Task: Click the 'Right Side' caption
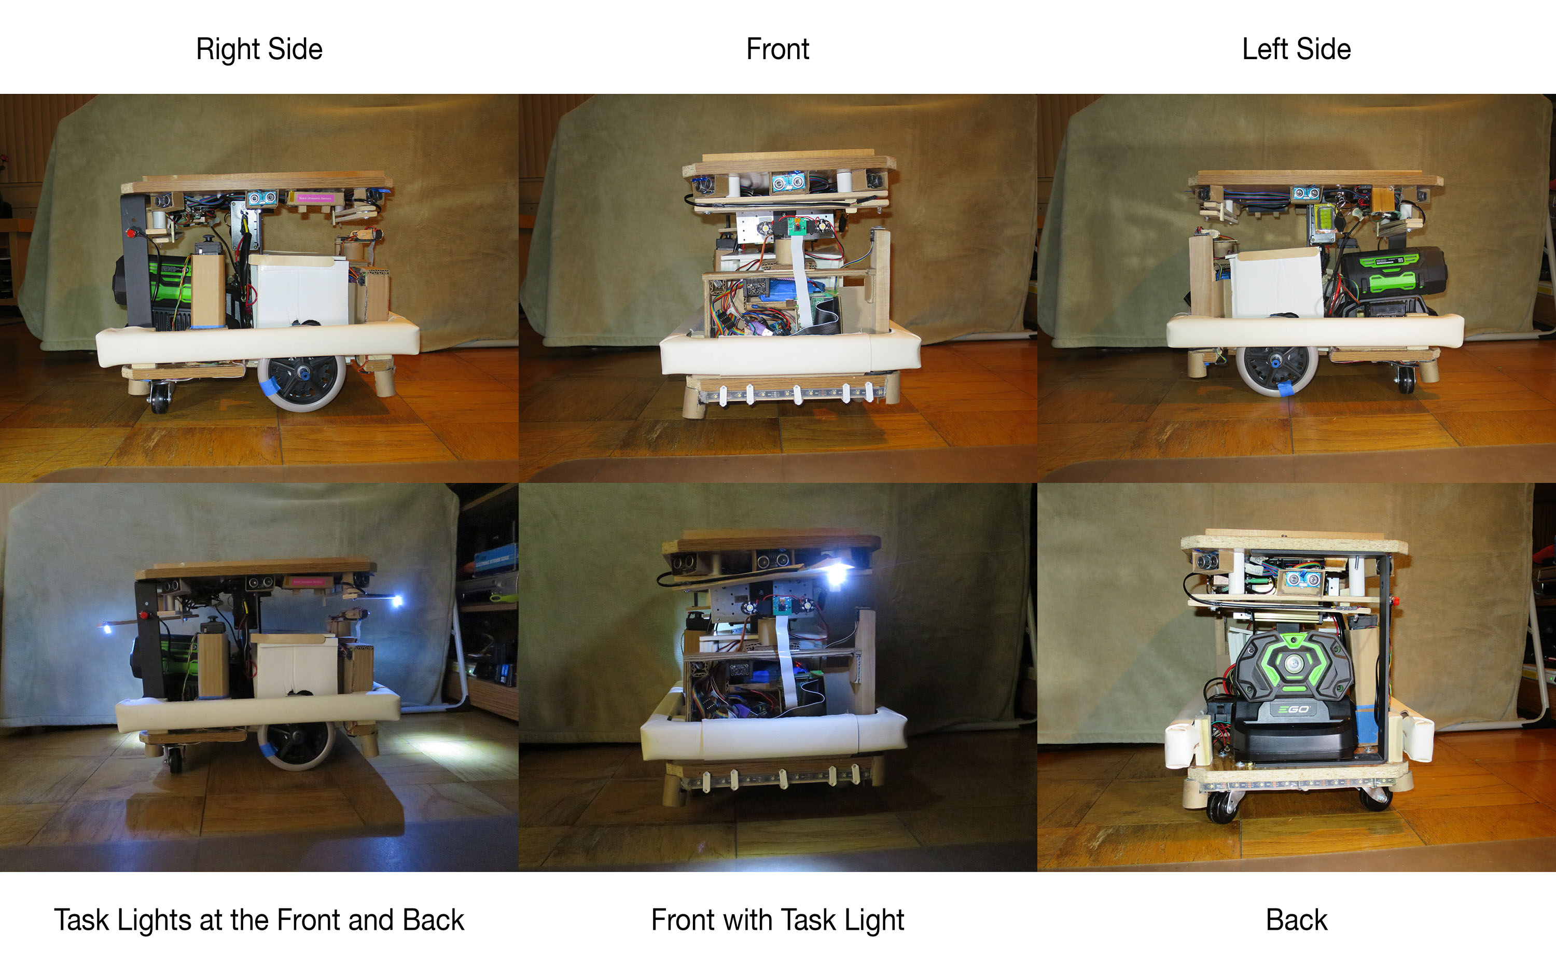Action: coord(259,49)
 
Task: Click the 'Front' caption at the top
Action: coord(777,49)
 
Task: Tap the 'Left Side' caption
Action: coord(1296,49)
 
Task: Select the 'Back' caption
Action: coord(1296,919)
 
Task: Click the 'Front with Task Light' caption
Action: coord(777,919)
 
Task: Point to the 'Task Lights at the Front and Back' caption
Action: coord(259,919)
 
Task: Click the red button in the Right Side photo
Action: coord(132,232)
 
